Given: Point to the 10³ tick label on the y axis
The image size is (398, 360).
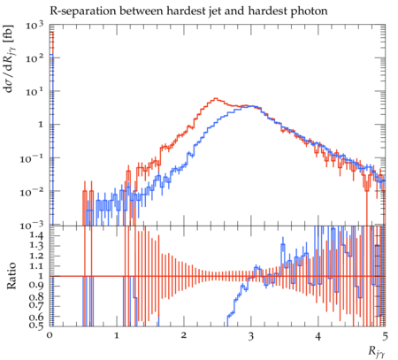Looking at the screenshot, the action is (34, 26).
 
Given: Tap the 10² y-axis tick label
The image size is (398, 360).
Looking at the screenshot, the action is (34, 58).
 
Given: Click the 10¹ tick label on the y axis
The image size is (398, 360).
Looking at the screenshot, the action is (34, 92).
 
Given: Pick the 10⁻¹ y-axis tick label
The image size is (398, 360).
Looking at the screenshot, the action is (32, 158).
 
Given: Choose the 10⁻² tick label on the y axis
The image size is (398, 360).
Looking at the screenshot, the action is (32, 192).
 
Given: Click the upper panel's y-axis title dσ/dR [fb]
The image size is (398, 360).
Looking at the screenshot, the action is (11, 59).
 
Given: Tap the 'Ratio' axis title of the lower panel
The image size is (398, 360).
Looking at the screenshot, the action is (11, 276).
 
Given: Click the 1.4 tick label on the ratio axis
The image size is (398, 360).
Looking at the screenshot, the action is (37, 235).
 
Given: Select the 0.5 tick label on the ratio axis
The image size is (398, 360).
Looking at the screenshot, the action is (37, 326).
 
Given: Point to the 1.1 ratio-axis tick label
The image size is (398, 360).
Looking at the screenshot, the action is (37, 266).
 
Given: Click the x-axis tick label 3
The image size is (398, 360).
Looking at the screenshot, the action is (251, 336).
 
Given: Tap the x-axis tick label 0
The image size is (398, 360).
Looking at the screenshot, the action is (50, 336).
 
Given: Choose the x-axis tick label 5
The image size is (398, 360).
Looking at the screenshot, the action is (385, 336).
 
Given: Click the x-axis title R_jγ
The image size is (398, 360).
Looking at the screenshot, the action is (377, 352).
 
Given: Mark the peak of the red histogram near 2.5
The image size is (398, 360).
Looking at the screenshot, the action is (216, 98).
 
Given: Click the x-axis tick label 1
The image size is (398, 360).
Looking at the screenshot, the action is (117, 336).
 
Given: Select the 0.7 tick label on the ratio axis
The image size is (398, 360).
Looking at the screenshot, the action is (37, 306).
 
